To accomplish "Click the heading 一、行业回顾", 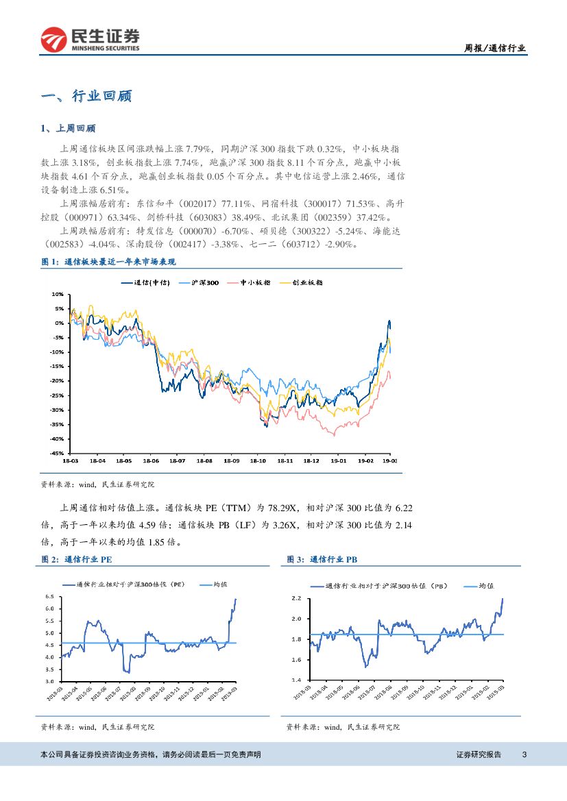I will [86, 96].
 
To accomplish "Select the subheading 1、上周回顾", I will [69, 128].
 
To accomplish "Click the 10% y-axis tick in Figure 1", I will [58, 294].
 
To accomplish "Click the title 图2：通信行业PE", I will [77, 559].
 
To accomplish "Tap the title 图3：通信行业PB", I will [322, 559].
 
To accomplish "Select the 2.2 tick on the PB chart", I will [297, 598].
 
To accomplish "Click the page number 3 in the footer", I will [524, 754].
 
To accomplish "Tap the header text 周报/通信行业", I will [495, 48].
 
